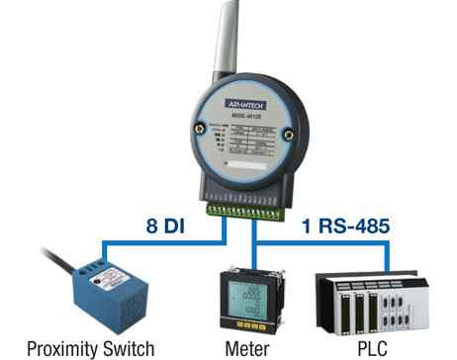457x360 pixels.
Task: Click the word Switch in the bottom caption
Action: (126, 347)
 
